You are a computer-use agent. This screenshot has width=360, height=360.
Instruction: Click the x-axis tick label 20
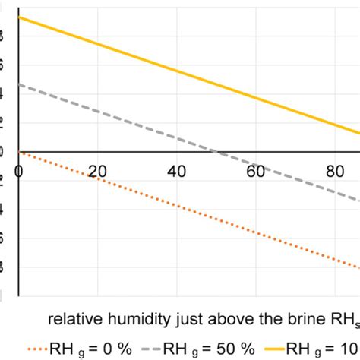pyautogui.click(x=97, y=172)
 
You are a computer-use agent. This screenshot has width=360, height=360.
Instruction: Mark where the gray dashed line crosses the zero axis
pyautogui.click(x=217, y=152)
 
